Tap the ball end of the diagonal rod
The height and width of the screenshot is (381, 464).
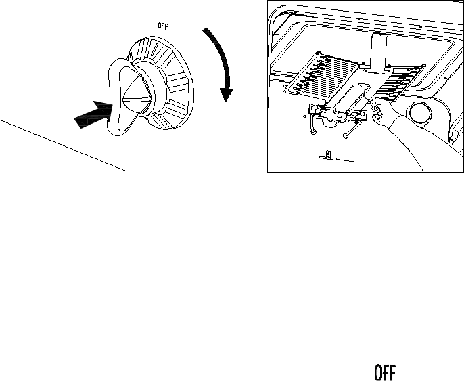(x=346, y=136)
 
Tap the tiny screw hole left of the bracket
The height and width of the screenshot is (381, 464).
(x=304, y=116)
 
